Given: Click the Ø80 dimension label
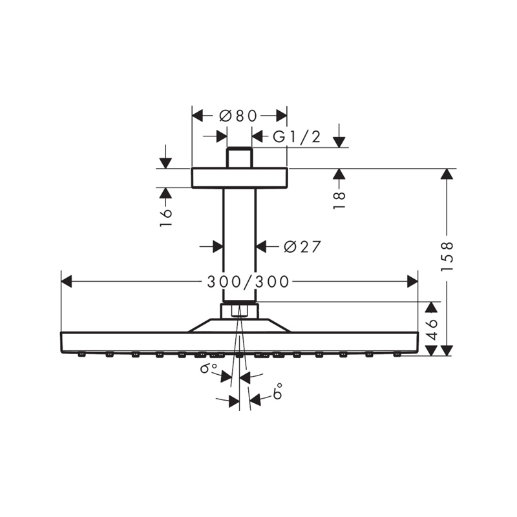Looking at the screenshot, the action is [238, 116].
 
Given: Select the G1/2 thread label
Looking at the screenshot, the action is [297, 136].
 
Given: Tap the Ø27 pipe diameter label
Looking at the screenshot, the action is [302, 246].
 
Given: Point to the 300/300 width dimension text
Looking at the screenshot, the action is [248, 282].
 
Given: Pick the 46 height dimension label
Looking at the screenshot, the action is [431, 329].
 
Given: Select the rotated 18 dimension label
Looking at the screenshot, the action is [339, 200].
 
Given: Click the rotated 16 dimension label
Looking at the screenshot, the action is [165, 217].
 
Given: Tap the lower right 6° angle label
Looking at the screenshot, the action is [277, 392].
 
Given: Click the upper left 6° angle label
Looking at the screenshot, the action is [208, 368].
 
